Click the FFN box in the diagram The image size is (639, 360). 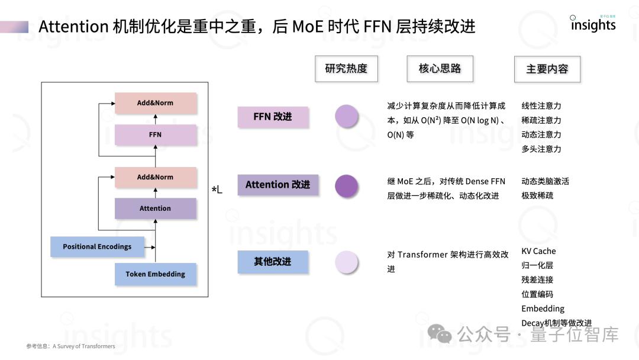pyautogui.click(x=155, y=135)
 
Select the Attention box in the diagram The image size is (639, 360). pyautogui.click(x=155, y=208)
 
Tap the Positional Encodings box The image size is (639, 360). pyautogui.click(x=97, y=247)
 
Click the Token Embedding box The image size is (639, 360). pyautogui.click(x=155, y=274)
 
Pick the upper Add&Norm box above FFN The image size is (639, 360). pyautogui.click(x=155, y=103)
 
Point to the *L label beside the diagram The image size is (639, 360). pyautogui.click(x=217, y=189)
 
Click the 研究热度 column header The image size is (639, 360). pyautogui.click(x=346, y=69)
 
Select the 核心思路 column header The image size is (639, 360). pyautogui.click(x=440, y=69)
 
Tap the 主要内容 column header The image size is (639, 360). pyautogui.click(x=547, y=69)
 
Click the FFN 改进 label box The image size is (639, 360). pyautogui.click(x=273, y=117)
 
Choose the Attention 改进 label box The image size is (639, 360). pyautogui.click(x=277, y=185)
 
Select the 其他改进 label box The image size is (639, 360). pyautogui.click(x=273, y=262)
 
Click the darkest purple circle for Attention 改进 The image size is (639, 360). pyautogui.click(x=347, y=185)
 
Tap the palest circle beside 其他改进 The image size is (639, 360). pyautogui.click(x=347, y=262)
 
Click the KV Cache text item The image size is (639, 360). pyautogui.click(x=538, y=251)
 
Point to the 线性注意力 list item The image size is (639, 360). pyautogui.click(x=541, y=106)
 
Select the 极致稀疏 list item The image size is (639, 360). pyautogui.click(x=537, y=195)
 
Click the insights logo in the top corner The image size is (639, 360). pyautogui.click(x=593, y=24)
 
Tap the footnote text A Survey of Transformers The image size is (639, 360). pyautogui.click(x=84, y=346)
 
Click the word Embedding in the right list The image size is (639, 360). pyautogui.click(x=543, y=308)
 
